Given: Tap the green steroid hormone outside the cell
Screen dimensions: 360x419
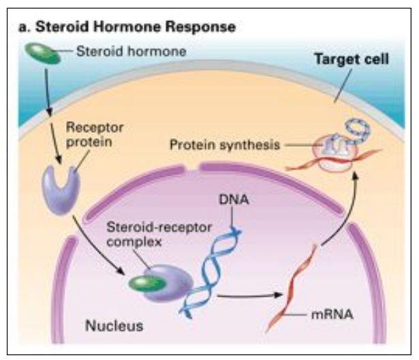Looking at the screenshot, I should [x=43, y=51].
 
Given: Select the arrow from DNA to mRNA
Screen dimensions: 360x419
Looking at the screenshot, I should [x=252, y=297].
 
